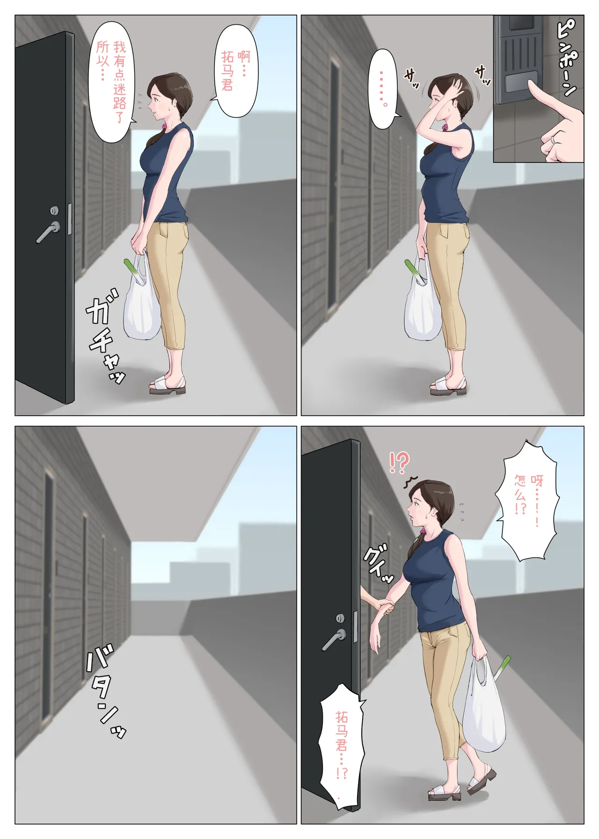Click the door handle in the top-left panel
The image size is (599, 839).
point(48,231)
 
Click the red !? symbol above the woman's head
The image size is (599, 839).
point(399,463)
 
